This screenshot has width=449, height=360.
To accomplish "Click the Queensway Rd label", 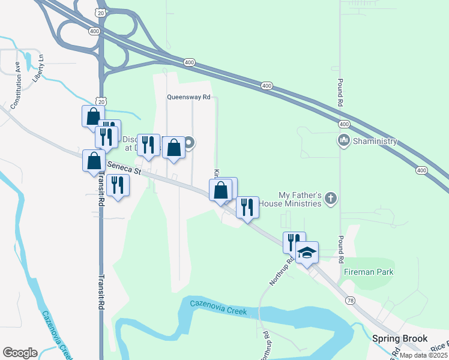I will (x=189, y=97).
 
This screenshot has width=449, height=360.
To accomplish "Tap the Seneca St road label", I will (x=124, y=167).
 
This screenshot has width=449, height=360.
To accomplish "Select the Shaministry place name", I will (x=376, y=141).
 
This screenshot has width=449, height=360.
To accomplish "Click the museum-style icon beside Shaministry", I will (x=344, y=141).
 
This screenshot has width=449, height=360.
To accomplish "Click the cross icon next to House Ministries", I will (x=331, y=199).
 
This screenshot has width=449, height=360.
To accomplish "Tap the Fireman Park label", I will (x=369, y=272).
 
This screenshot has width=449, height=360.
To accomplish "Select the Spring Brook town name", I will (x=399, y=338).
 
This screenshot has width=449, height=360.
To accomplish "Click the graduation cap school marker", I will (x=307, y=252).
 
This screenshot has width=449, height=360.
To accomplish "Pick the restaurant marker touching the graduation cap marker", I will (x=294, y=241).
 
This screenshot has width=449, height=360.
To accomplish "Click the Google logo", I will (x=20, y=353).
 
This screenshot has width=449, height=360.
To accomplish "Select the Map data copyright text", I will (x=424, y=355).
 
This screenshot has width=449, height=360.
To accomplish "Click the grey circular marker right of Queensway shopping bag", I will (x=189, y=142).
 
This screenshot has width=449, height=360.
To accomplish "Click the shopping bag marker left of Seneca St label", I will (x=94, y=161).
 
